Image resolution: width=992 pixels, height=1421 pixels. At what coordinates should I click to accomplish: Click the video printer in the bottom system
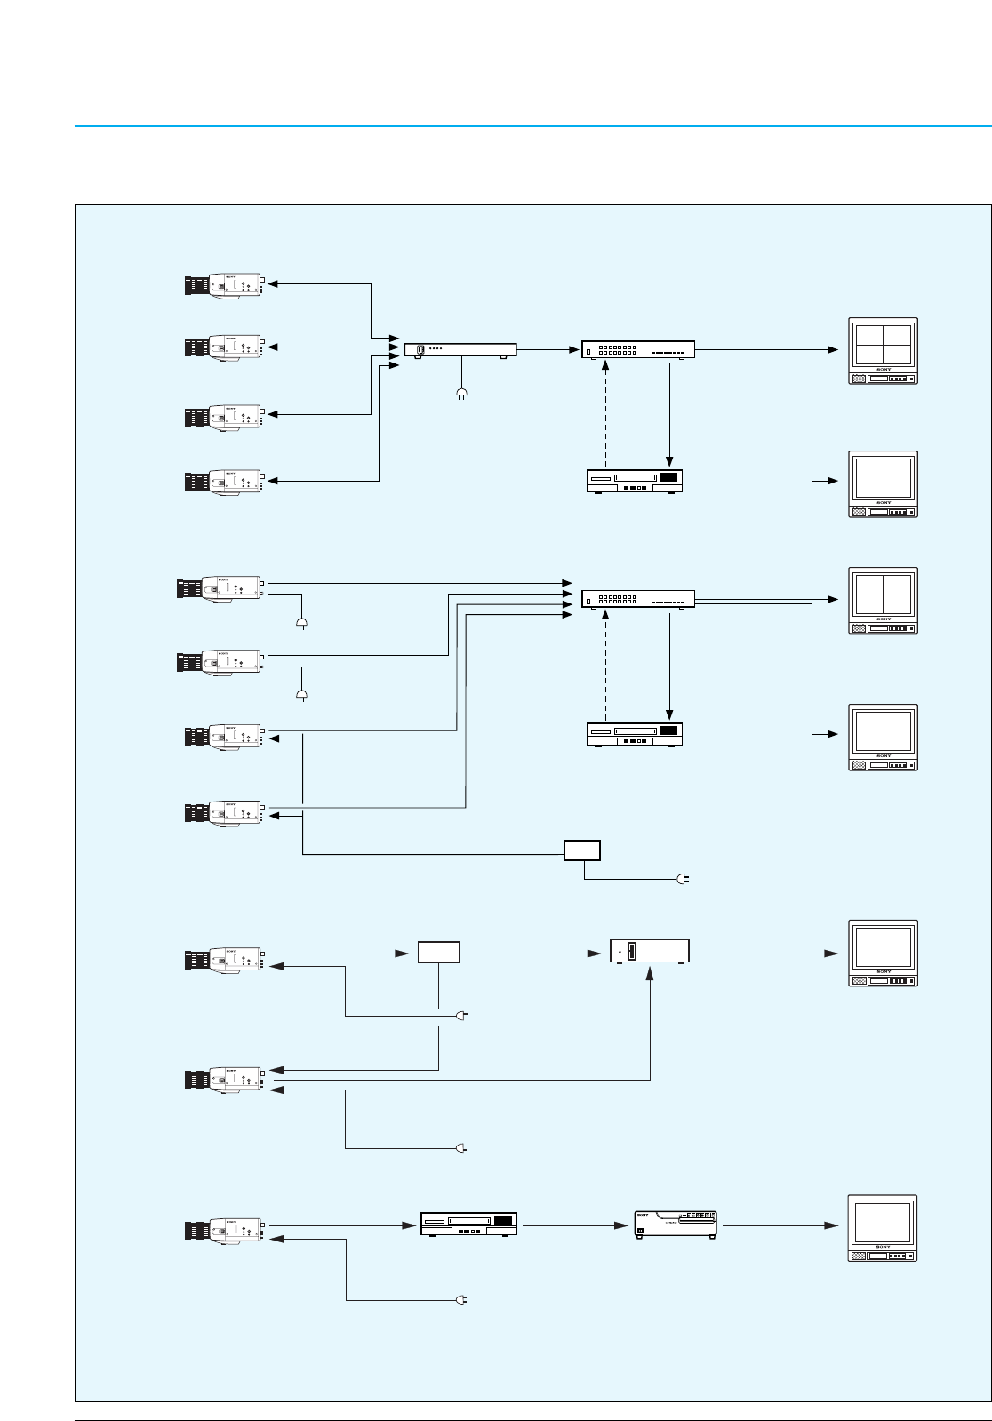tap(676, 1225)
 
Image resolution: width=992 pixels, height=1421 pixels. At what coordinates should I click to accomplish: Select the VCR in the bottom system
tap(468, 1225)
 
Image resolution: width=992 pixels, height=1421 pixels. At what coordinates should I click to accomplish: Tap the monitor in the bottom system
tap(883, 1228)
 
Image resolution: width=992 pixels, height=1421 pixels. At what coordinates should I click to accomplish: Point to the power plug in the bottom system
tap(461, 1301)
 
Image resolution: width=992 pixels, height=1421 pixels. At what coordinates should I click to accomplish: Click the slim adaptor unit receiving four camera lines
tap(460, 350)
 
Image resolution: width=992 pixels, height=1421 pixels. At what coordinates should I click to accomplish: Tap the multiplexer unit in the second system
tap(637, 599)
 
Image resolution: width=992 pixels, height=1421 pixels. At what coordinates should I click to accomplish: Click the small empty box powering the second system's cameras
tap(582, 850)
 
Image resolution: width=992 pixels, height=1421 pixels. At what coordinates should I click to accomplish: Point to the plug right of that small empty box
tap(684, 879)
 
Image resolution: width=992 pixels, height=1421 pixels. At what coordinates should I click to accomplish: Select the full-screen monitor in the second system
tap(883, 737)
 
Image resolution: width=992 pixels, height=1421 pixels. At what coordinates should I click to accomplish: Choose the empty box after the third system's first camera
tap(439, 953)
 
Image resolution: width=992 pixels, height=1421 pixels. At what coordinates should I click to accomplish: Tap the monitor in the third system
tap(883, 953)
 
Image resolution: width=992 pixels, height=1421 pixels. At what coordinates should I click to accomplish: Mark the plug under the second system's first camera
tap(300, 623)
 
